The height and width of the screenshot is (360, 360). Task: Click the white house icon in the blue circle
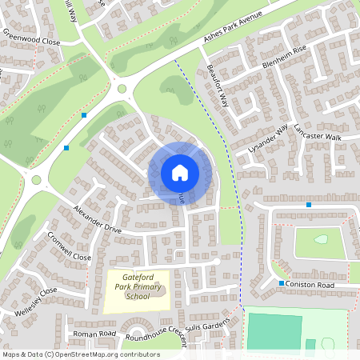click(x=180, y=173)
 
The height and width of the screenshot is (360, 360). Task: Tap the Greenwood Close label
click(x=31, y=38)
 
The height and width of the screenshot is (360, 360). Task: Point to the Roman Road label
click(x=94, y=334)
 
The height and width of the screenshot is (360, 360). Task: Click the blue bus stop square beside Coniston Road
click(x=282, y=284)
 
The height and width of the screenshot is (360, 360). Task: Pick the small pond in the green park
click(x=321, y=238)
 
